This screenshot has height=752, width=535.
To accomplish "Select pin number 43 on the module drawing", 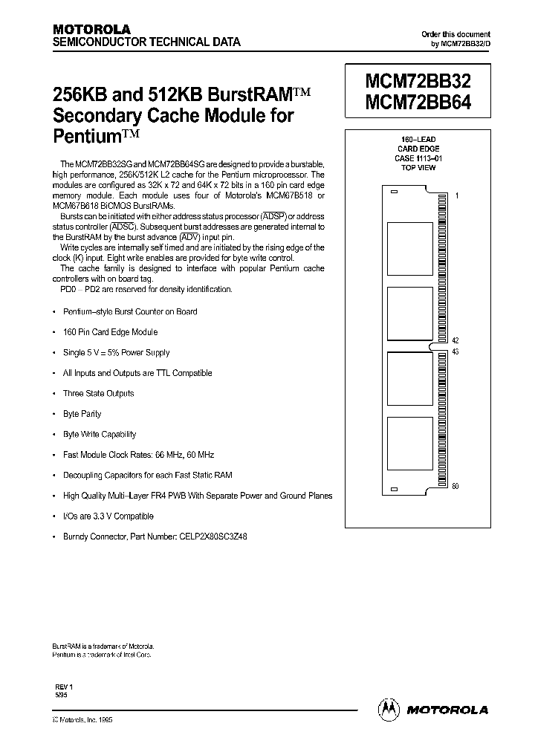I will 455,351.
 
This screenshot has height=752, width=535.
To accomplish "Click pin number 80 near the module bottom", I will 455,486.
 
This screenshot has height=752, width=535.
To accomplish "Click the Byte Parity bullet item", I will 82,414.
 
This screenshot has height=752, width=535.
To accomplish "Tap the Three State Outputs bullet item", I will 98,393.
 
